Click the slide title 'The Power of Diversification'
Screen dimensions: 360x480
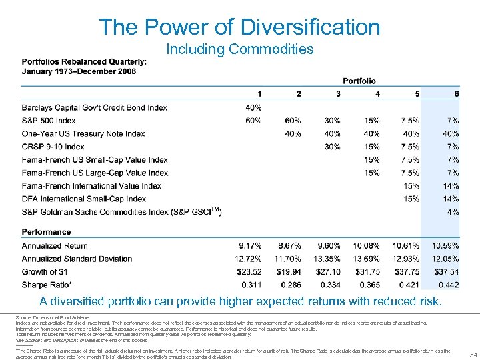click(x=239, y=27)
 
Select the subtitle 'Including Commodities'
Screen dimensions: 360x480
click(x=239, y=49)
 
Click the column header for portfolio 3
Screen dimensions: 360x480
click(x=338, y=94)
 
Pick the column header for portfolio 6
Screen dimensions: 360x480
click(x=456, y=94)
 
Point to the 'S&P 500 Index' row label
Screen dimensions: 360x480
click(x=49, y=121)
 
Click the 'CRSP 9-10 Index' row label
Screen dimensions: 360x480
click(x=53, y=147)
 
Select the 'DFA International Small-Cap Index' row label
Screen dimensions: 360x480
click(x=84, y=199)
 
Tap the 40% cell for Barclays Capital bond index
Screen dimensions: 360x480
click(x=253, y=107)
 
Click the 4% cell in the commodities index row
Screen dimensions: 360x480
click(x=453, y=212)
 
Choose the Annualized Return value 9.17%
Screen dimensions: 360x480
click(x=249, y=246)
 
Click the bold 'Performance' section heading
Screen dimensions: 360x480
click(x=47, y=232)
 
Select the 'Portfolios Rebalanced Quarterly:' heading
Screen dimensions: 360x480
click(x=84, y=62)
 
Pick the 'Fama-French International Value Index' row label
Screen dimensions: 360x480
click(x=91, y=186)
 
